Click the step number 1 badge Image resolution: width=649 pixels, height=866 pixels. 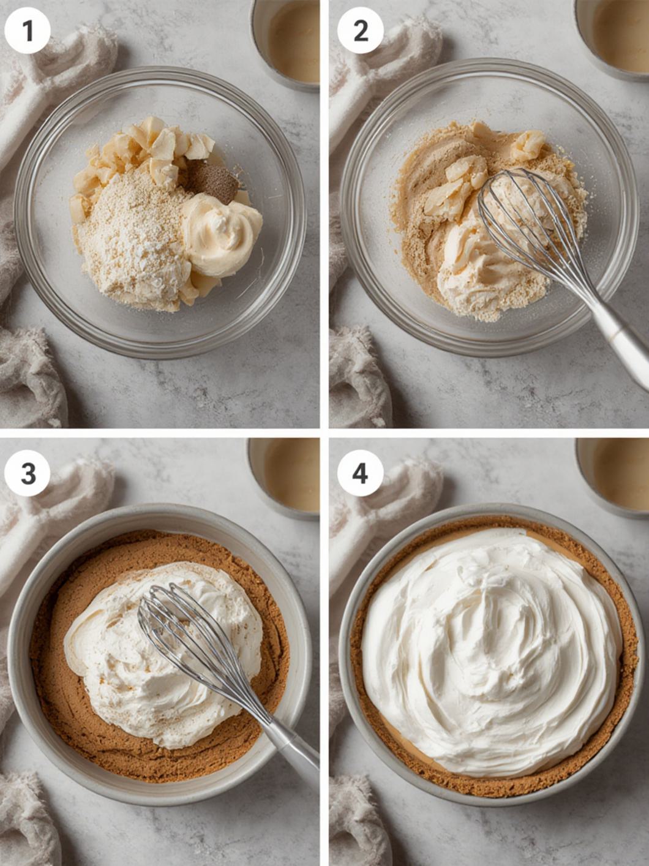(x=28, y=31)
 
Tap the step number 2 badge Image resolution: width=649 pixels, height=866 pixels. (x=361, y=31)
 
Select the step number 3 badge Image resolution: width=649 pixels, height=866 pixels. (x=28, y=473)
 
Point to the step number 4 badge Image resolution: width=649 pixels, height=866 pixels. (x=361, y=473)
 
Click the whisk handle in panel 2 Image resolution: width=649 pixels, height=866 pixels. (x=619, y=339)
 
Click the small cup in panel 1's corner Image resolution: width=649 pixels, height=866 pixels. (x=285, y=43)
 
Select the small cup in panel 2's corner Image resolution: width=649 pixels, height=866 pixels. (x=612, y=37)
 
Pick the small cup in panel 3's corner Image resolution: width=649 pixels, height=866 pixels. (x=284, y=477)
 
